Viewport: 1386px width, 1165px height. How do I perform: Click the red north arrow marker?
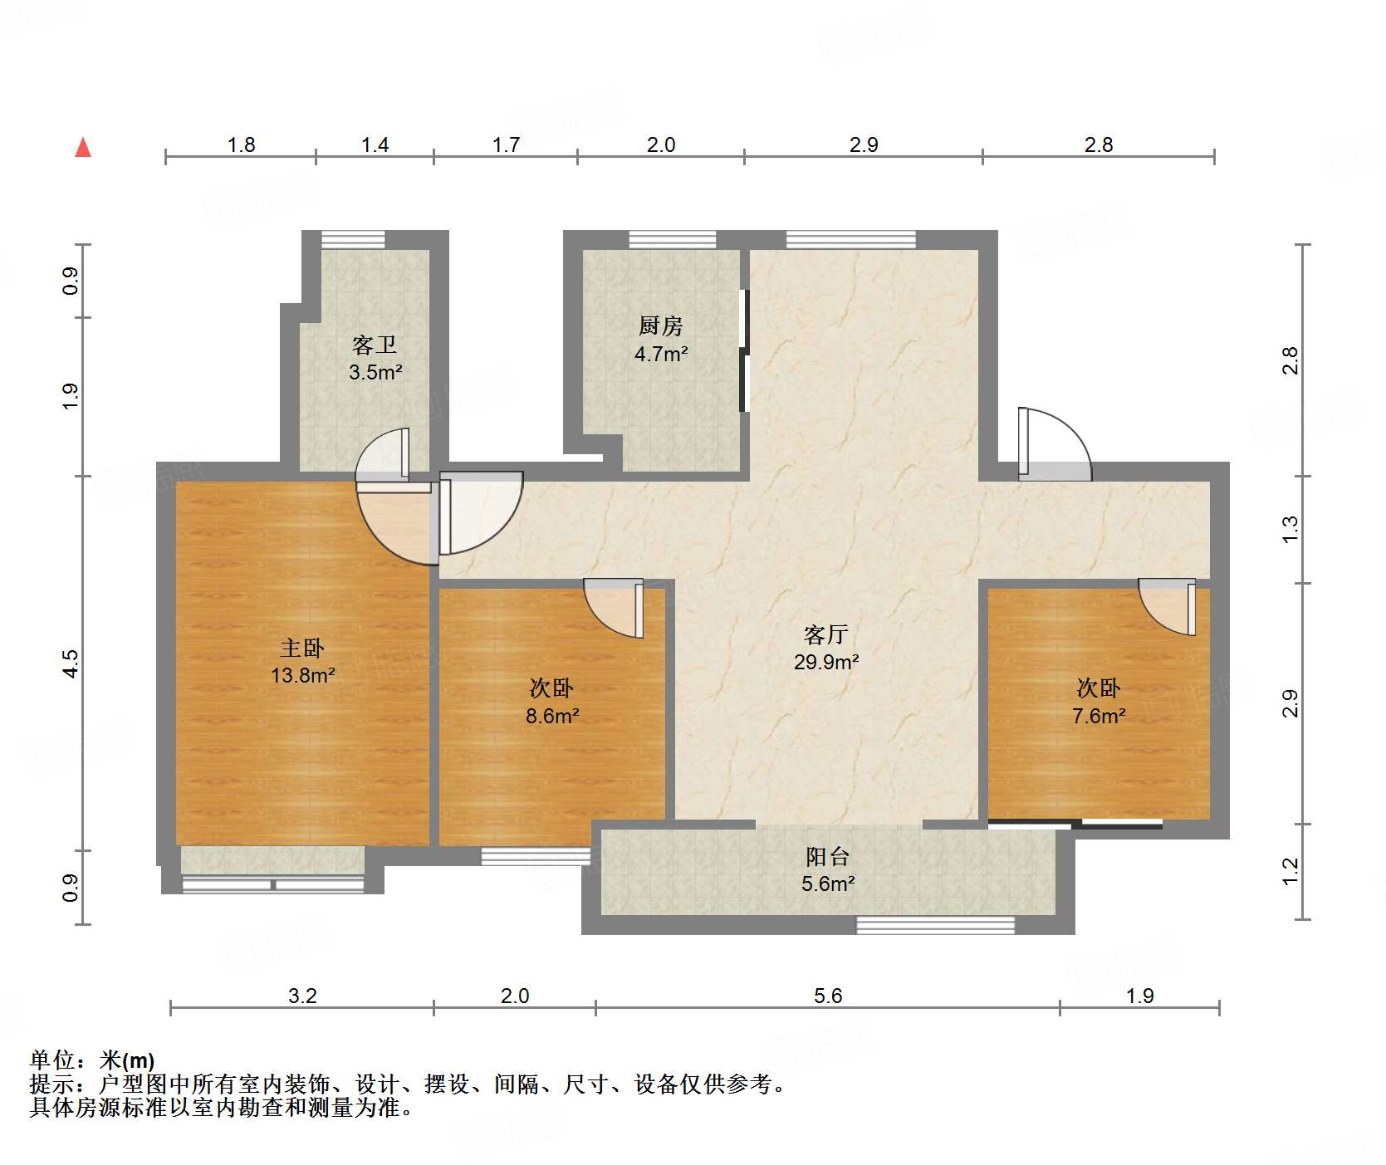tap(83, 148)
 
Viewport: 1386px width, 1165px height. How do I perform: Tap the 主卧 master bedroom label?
tap(301, 648)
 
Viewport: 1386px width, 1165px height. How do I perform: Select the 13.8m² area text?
tap(302, 675)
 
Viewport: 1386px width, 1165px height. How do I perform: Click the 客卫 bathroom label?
tap(375, 345)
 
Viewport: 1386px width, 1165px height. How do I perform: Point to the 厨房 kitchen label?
tap(660, 326)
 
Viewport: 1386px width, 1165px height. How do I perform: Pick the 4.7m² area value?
tap(661, 354)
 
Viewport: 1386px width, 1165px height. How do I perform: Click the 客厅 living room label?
tap(825, 634)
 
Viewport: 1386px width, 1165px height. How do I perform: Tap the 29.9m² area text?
tap(826, 662)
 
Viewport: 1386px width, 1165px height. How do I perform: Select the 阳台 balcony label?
tap(827, 856)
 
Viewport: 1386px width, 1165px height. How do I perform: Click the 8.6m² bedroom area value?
tap(552, 715)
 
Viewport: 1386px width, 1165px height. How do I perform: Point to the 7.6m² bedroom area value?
tap(1099, 715)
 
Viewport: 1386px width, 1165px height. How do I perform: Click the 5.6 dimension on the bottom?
tap(828, 996)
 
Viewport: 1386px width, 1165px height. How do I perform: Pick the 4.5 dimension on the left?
tap(71, 663)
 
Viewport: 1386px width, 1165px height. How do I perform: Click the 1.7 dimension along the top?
tap(506, 144)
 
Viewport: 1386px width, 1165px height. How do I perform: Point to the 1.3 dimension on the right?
tap(1290, 529)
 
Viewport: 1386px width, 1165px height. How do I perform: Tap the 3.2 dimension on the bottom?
tap(302, 996)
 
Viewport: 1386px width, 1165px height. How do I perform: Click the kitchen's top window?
tap(673, 239)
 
